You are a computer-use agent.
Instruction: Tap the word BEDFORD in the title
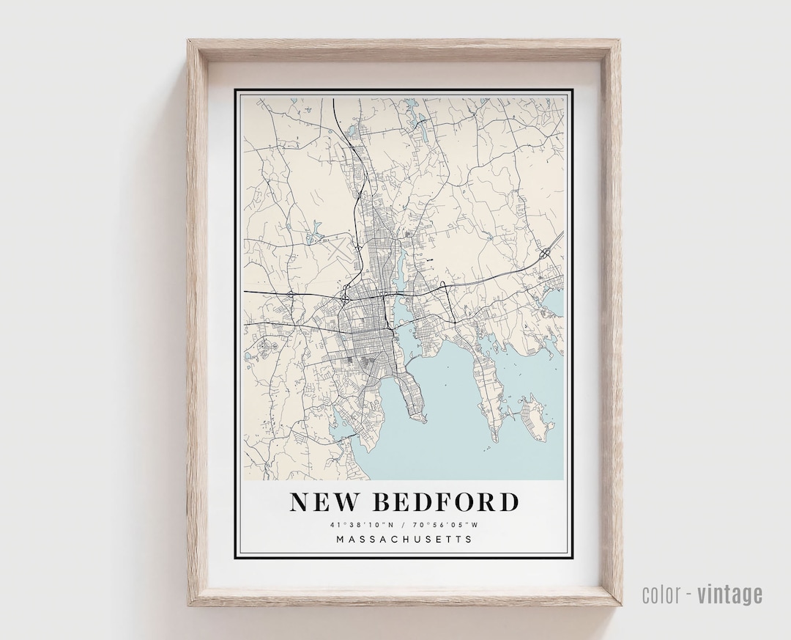[x=445, y=502]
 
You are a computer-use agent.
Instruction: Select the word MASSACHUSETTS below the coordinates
[x=404, y=540]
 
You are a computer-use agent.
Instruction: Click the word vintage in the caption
[x=729, y=594]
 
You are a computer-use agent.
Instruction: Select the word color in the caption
[x=661, y=594]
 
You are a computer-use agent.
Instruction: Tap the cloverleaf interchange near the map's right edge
[x=545, y=254]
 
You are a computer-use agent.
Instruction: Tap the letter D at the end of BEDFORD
[x=509, y=502]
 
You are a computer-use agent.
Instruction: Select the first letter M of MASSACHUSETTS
[x=340, y=540]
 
